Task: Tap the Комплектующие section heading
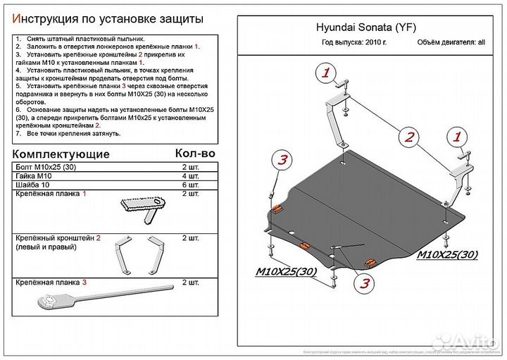click(62, 154)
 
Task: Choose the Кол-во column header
click(194, 153)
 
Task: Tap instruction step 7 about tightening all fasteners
click(70, 133)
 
